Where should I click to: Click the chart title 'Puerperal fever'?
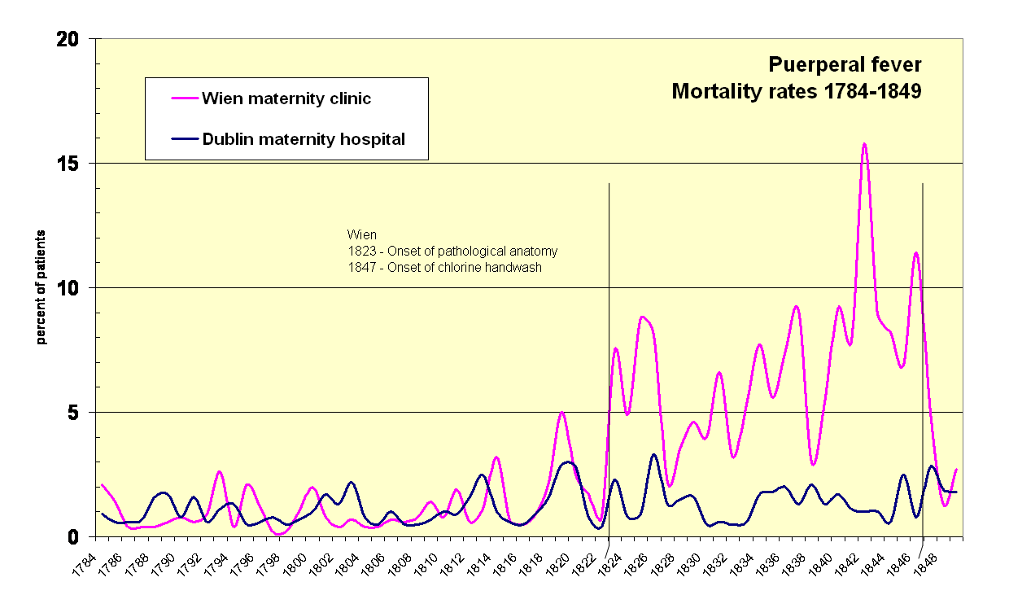point(845,65)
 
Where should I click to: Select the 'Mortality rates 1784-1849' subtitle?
point(796,91)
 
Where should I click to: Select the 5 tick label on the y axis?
point(80,413)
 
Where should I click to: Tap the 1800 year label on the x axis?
point(295,562)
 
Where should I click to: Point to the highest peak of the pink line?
point(864,145)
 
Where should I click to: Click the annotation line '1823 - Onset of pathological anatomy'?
point(452,251)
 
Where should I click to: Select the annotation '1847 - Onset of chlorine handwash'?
point(444,266)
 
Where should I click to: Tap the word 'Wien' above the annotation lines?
point(362,235)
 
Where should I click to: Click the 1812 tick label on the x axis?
point(453,562)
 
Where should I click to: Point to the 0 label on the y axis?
point(80,537)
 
